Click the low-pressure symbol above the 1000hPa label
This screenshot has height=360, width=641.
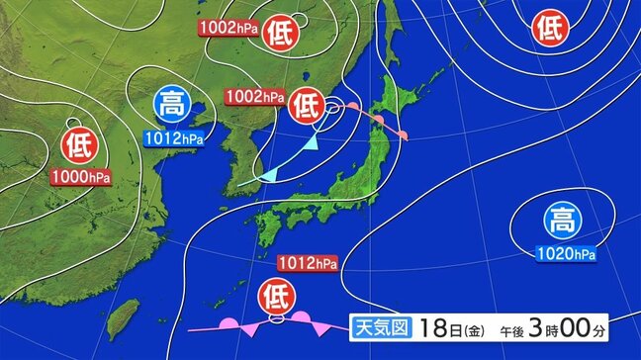pos(76,147)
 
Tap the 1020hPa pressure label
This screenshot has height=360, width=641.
pos(567,255)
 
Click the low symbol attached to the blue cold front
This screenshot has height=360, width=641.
pos(307,104)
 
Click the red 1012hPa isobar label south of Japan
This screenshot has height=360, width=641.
pos(308,263)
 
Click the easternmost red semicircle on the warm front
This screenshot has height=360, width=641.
pos(403,133)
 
